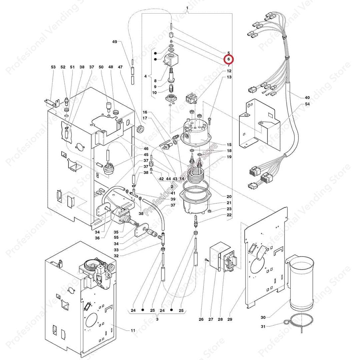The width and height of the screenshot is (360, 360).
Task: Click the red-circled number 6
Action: point(229,59)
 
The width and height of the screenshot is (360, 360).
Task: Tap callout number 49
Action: point(115,42)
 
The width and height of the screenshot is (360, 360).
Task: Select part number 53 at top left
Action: point(53,67)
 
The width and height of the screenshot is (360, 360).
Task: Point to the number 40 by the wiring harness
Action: point(307,98)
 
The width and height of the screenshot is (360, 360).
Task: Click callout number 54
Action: point(307,105)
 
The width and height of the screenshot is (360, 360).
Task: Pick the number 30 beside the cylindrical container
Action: point(263,318)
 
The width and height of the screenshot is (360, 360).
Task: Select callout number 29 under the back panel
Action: point(230,319)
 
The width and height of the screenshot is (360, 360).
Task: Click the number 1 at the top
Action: point(187,8)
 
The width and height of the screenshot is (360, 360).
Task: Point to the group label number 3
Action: point(157,319)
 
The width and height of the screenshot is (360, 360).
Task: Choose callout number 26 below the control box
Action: point(201,319)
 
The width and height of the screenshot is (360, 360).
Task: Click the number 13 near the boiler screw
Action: point(229,77)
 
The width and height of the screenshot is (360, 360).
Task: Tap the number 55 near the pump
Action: point(116,238)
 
